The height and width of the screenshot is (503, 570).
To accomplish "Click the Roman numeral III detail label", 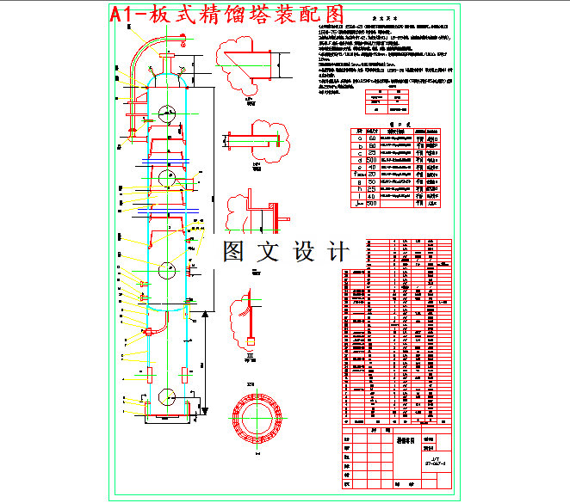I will click(251, 352).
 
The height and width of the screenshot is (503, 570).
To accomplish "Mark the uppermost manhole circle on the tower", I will click(166, 112).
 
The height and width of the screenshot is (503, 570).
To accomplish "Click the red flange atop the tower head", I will click(166, 57).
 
